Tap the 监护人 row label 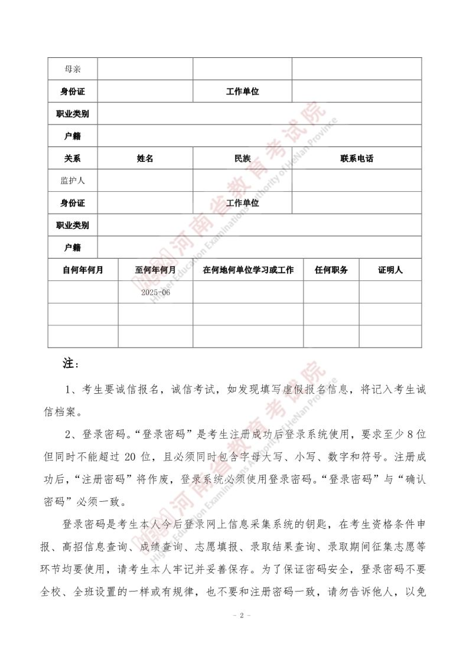(73, 181)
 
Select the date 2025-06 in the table (156, 292)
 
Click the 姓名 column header (145, 158)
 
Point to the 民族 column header (242, 158)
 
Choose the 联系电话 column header (357, 158)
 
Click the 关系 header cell (73, 158)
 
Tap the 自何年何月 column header (83, 270)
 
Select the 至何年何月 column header (156, 270)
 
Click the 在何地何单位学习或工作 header (248, 270)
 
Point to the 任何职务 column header (331, 270)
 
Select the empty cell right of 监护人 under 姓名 (145, 181)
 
